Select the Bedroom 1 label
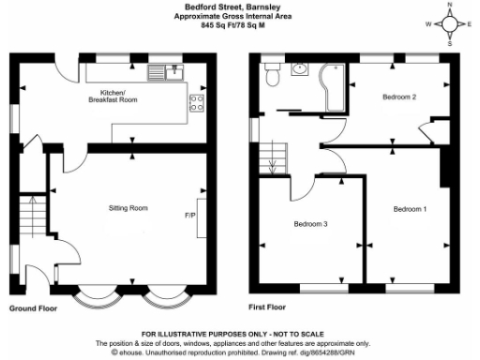click(x=409, y=208)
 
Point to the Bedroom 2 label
click(x=399, y=97)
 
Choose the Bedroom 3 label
click(x=310, y=224)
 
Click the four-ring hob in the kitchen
click(x=198, y=103)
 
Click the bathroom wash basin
click(x=300, y=67)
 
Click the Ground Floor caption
click(x=33, y=307)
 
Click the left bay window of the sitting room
click(x=97, y=298)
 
